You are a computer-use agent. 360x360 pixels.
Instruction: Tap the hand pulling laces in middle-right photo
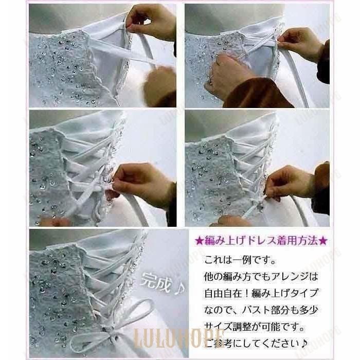click(291, 183)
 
